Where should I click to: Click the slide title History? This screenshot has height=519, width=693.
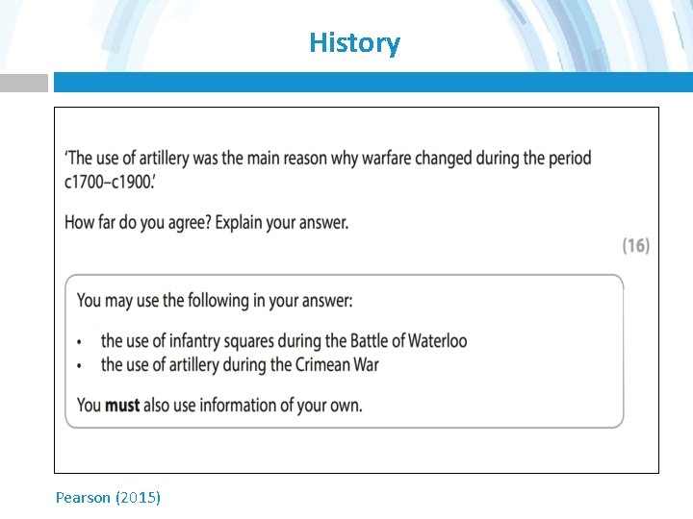tap(354, 43)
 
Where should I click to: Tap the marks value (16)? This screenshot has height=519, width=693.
tap(635, 246)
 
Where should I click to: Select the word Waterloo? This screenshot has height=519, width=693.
tap(437, 341)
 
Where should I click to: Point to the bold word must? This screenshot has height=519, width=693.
tap(122, 405)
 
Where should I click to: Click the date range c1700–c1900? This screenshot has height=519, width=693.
tap(108, 182)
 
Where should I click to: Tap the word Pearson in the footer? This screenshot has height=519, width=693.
tap(83, 497)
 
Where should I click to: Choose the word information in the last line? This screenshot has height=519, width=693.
tap(240, 405)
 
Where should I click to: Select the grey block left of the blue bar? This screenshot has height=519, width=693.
tap(23, 84)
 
